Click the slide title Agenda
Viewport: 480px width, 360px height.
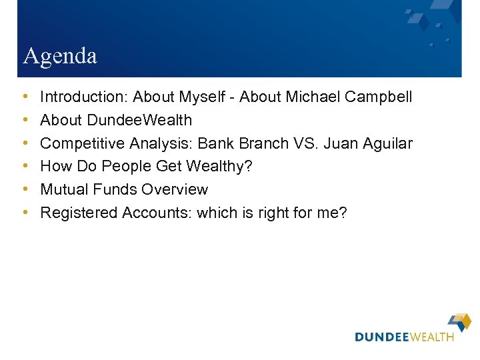[x=59, y=56]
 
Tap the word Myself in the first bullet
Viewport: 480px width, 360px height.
[x=202, y=97]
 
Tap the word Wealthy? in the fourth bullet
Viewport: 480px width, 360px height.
[x=221, y=167]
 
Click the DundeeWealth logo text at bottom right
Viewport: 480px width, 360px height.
[x=404, y=337]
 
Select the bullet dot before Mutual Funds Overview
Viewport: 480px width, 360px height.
[x=25, y=190]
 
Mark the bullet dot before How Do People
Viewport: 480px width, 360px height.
[x=25, y=167]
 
